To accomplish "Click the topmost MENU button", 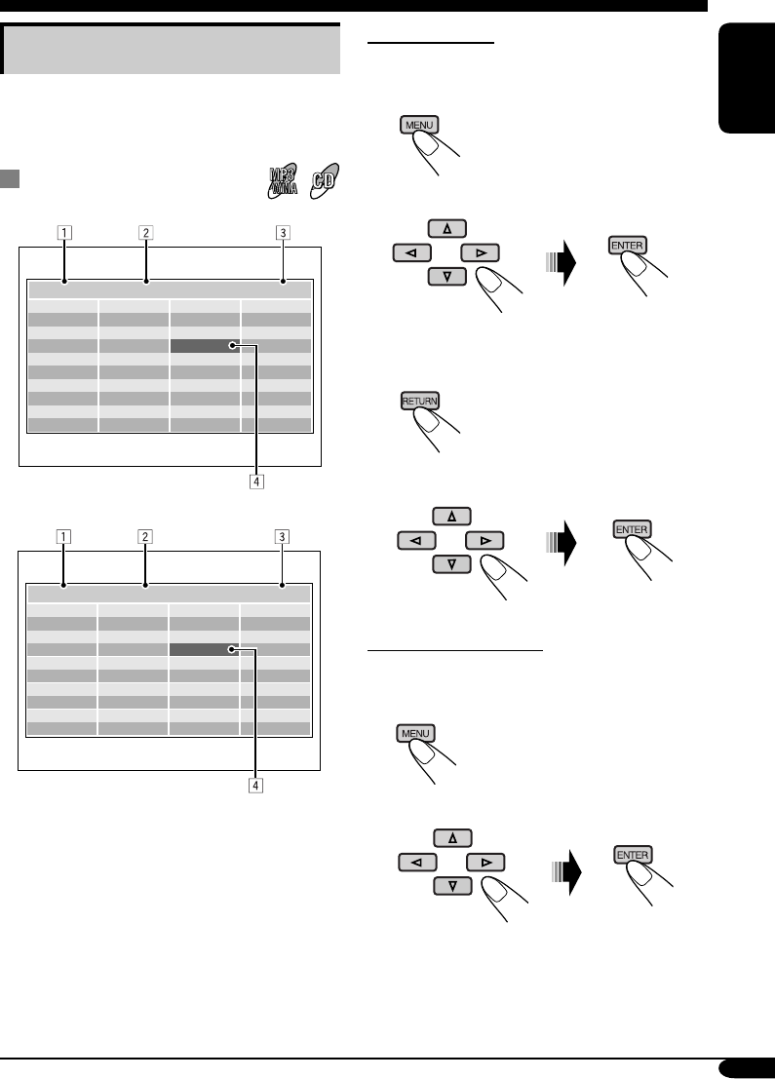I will coord(419,125).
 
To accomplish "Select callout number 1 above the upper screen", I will coord(62,233).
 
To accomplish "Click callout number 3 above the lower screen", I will coord(282,536).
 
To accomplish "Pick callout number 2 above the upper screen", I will coord(144,233).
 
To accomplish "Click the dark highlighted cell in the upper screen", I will coord(204,345).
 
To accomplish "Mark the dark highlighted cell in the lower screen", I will coord(204,648).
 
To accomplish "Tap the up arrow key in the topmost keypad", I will coord(447,228).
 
